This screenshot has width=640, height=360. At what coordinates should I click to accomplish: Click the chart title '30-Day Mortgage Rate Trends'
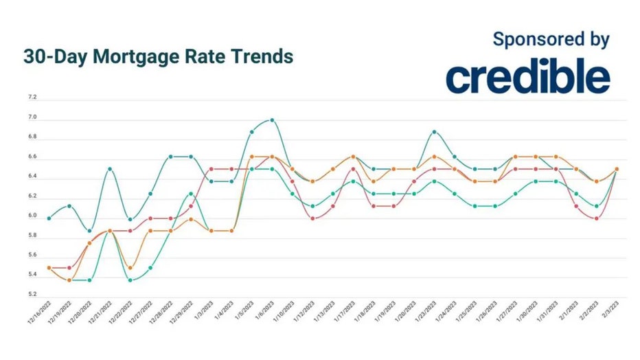(158, 56)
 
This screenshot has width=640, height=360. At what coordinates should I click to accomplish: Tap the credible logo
(527, 78)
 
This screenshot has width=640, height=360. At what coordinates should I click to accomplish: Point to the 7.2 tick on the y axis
(32, 98)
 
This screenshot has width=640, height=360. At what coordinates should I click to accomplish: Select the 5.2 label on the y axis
(32, 295)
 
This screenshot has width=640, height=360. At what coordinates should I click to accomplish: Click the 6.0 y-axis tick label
(32, 216)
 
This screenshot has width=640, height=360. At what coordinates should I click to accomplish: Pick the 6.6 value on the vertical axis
(32, 157)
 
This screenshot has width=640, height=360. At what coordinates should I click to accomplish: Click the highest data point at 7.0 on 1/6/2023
(272, 120)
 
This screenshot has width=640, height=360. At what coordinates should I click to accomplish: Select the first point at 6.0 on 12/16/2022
(49, 218)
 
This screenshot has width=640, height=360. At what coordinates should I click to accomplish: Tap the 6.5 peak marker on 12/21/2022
(110, 169)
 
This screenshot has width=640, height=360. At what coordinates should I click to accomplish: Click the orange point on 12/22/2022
(130, 268)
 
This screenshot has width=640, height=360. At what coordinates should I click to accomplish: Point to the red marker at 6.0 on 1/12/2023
(312, 218)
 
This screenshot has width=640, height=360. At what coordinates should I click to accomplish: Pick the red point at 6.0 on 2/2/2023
(596, 218)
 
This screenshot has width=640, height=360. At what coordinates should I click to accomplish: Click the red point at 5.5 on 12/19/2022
(69, 268)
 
